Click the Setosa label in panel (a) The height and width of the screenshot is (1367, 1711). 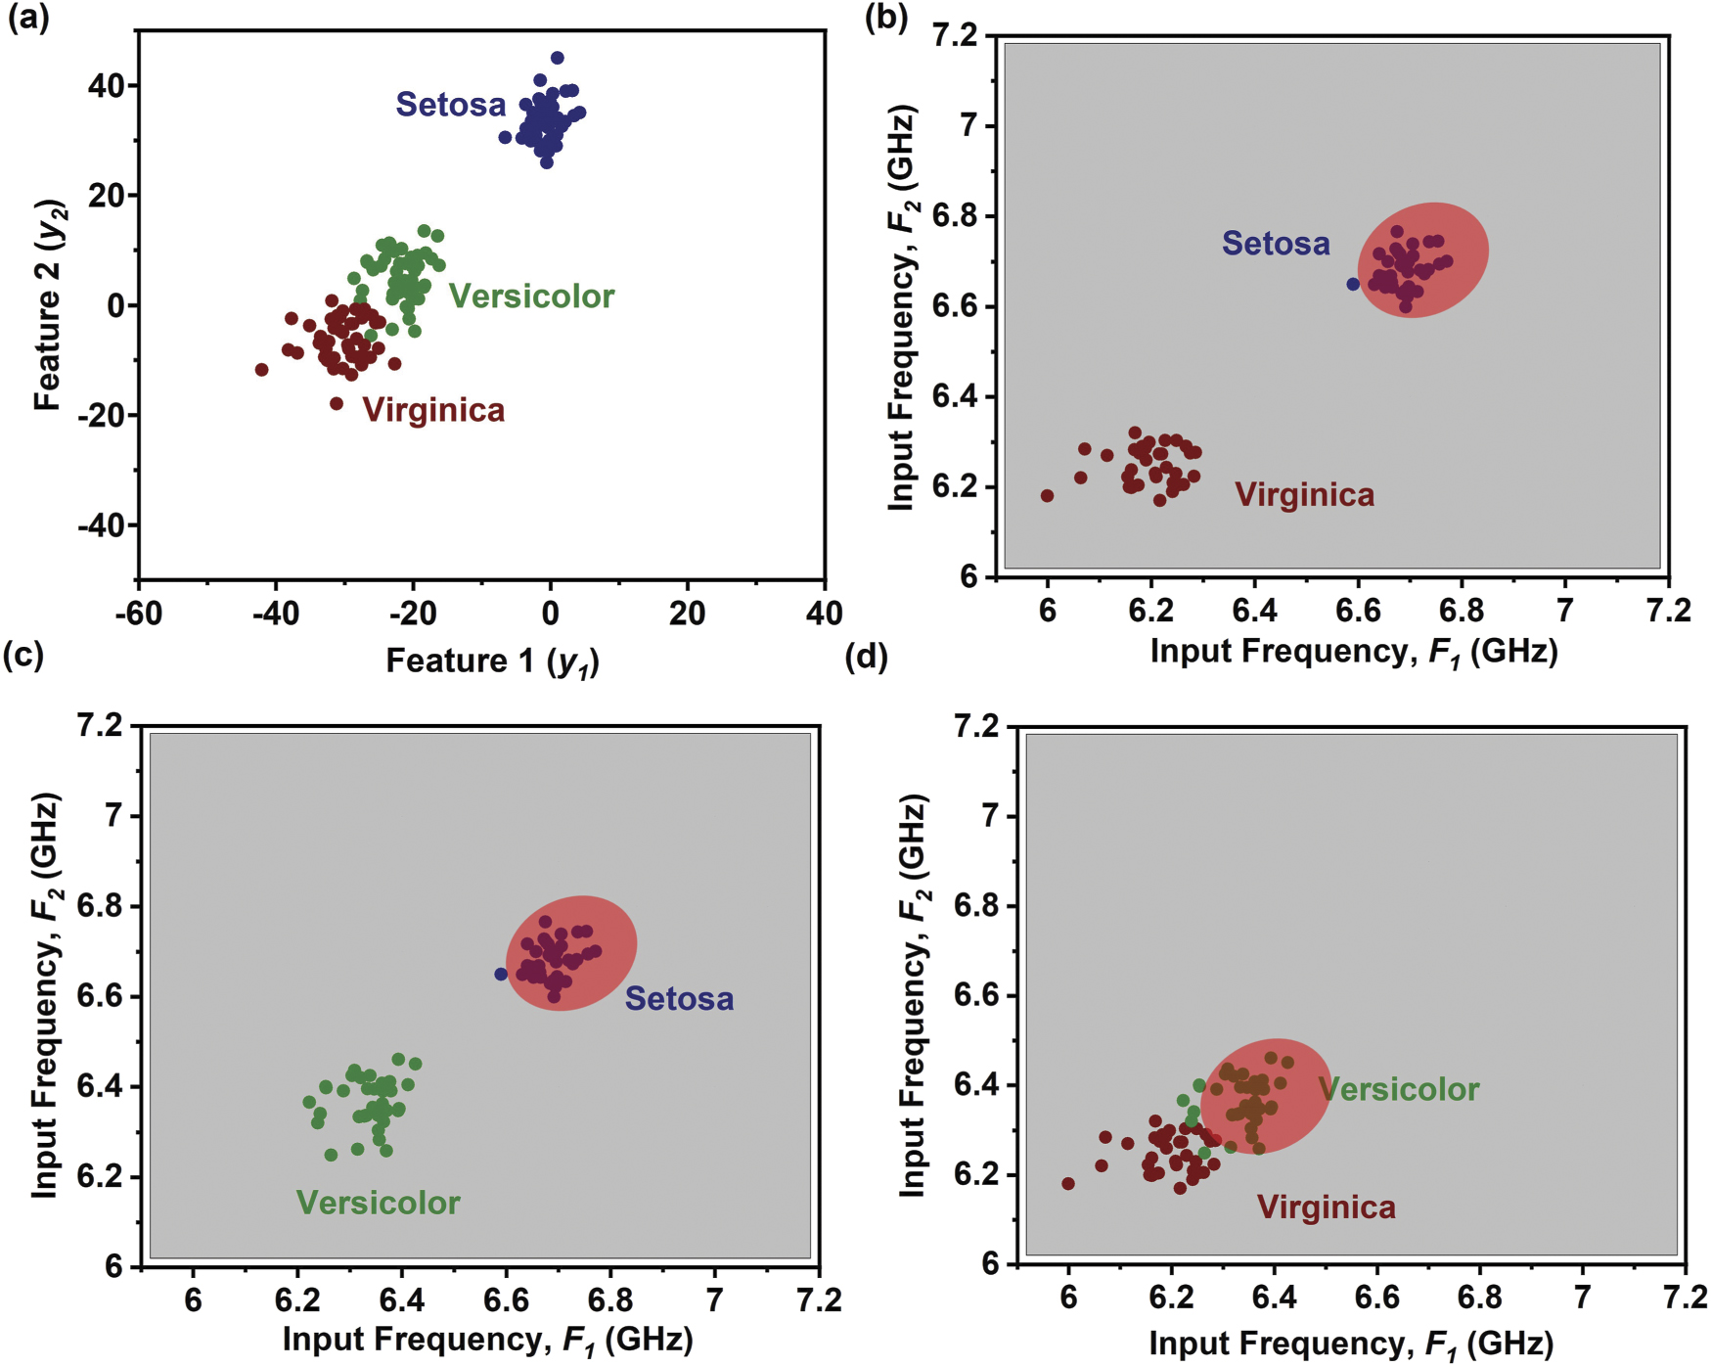coord(450,105)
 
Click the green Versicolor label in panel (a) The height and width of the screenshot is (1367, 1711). coord(531,296)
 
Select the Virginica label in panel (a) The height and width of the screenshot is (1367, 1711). coord(433,410)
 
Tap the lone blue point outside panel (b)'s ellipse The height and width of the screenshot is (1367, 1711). coord(1353,284)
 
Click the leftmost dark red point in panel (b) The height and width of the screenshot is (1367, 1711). coord(1047,496)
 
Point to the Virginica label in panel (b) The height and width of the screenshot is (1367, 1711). coord(1304,495)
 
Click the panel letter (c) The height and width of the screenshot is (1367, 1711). coord(23,655)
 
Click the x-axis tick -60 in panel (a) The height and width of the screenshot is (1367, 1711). coord(138,615)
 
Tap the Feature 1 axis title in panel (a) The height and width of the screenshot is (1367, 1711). coord(492,661)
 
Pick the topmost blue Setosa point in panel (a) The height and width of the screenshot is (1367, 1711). coord(558,58)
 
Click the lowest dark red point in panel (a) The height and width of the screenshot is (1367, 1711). coord(337,403)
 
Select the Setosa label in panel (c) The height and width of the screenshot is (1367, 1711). coord(679,999)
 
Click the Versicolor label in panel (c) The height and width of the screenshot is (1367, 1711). coord(378,1203)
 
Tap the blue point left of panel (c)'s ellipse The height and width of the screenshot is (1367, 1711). coord(501,975)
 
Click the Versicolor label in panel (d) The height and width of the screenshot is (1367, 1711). coord(1398,1089)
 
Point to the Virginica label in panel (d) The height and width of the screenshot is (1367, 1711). coord(1326,1208)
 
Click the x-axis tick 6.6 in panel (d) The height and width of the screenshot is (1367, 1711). coord(1376,1298)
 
